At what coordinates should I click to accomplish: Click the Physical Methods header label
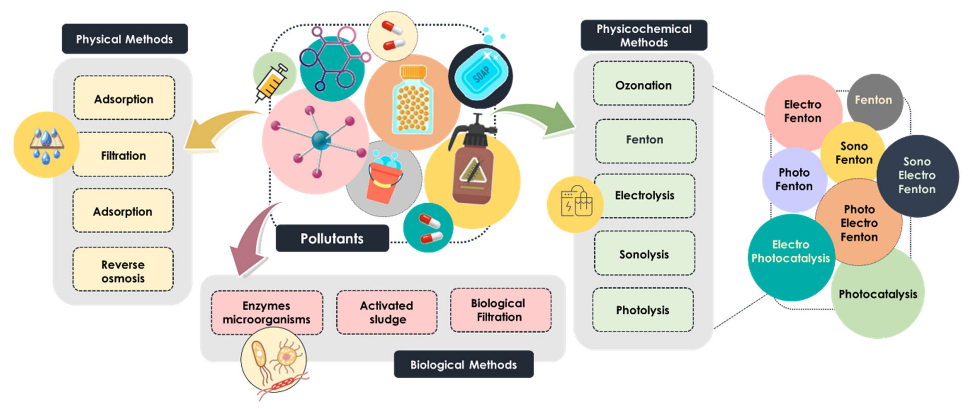coord(124,39)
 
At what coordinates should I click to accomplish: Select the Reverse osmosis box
coord(123,271)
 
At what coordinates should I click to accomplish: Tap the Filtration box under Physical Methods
coord(123,155)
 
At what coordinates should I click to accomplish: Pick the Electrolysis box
coord(644,195)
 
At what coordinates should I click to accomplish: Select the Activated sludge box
coord(386,312)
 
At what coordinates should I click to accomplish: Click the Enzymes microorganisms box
coord(267,312)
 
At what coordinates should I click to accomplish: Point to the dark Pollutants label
coord(332,238)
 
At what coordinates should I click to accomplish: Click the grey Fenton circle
coord(874,100)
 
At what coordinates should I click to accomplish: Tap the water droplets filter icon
coord(46,145)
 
